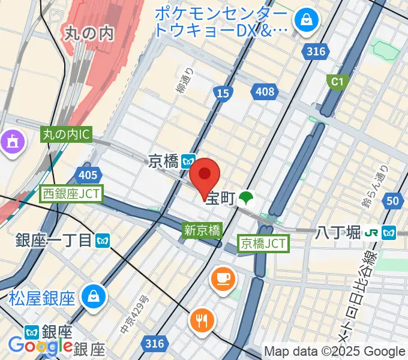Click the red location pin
pyautogui.click(x=205, y=175)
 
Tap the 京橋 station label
pyautogui.click(x=163, y=161)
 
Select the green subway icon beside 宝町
pyautogui.click(x=245, y=198)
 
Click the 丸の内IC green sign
pyautogui.click(x=67, y=135)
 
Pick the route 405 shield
pyautogui.click(x=88, y=175)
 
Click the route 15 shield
pyautogui.click(x=223, y=92)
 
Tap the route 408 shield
pyautogui.click(x=264, y=92)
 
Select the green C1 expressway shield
pyautogui.click(x=336, y=81)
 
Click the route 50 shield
pyautogui.click(x=393, y=201)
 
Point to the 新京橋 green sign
pyautogui.click(x=202, y=230)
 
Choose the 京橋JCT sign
pyautogui.click(x=264, y=244)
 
